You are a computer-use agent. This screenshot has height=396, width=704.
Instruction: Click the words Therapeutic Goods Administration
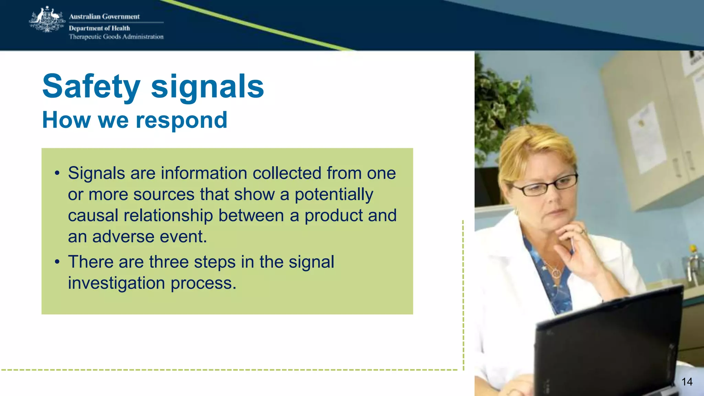click(116, 37)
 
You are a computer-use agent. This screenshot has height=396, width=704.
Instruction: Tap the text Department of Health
click(99, 28)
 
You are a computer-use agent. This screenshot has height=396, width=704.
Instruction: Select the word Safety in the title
click(91, 87)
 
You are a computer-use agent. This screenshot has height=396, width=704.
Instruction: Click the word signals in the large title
click(207, 87)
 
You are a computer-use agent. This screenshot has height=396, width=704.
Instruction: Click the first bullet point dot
click(57, 173)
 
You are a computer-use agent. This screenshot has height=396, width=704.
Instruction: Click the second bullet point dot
click(57, 262)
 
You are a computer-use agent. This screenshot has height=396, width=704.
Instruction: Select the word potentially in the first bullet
click(333, 195)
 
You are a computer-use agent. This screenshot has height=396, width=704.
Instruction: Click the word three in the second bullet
click(169, 262)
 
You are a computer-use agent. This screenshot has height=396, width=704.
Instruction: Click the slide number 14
click(687, 382)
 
